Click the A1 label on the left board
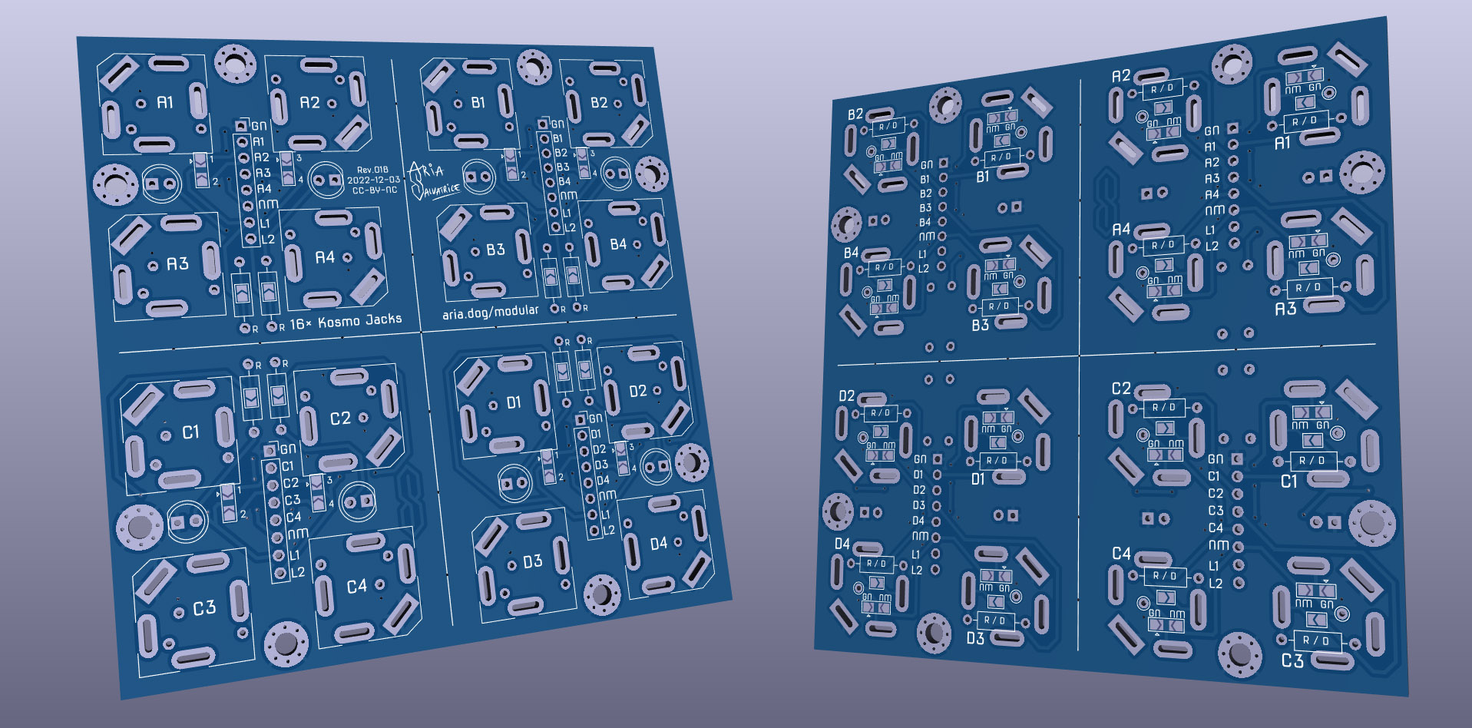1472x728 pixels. point(165,102)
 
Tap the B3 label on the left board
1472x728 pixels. point(495,250)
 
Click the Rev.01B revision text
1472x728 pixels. point(372,170)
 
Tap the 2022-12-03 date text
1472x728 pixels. point(373,180)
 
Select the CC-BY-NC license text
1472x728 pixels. point(375,190)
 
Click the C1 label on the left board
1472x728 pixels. point(190,432)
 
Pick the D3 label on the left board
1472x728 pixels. point(532,562)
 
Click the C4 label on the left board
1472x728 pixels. point(356,587)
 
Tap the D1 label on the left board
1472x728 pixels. point(513,402)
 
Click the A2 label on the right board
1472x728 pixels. point(1121,76)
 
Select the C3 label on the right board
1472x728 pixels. point(1292,660)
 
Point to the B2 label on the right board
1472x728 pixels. point(855,114)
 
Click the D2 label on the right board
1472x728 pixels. point(846,395)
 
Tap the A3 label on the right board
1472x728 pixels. point(1285,309)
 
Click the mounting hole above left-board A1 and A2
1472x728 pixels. point(234,63)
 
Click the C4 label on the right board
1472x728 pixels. point(1121,554)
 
